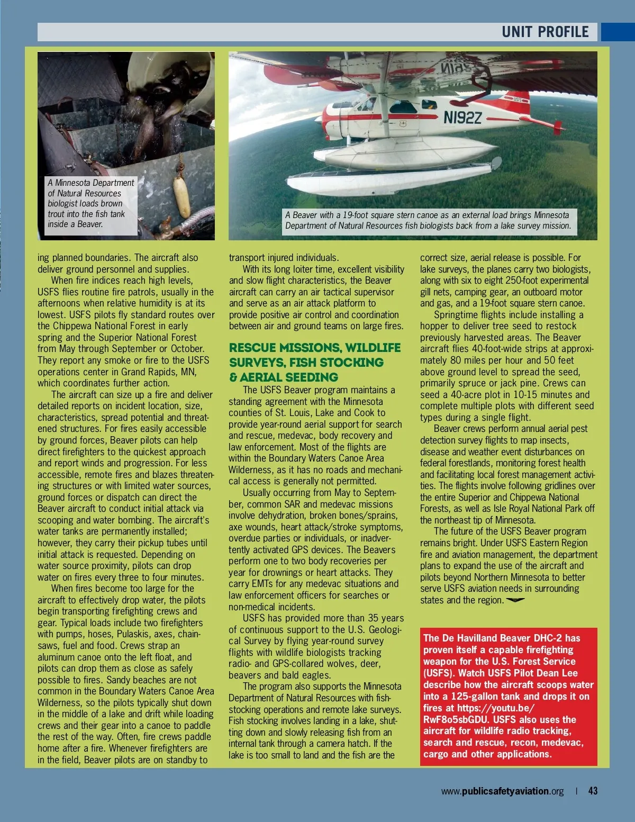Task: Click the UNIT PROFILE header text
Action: tap(545, 32)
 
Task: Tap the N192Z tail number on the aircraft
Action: tap(462, 118)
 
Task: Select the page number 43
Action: tap(593, 791)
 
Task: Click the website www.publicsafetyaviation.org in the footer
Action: tap(502, 791)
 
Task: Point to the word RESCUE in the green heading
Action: tap(253, 348)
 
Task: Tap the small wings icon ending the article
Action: tap(515, 600)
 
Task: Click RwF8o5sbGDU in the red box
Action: tap(456, 720)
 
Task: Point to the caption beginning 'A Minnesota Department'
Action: tap(90, 203)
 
